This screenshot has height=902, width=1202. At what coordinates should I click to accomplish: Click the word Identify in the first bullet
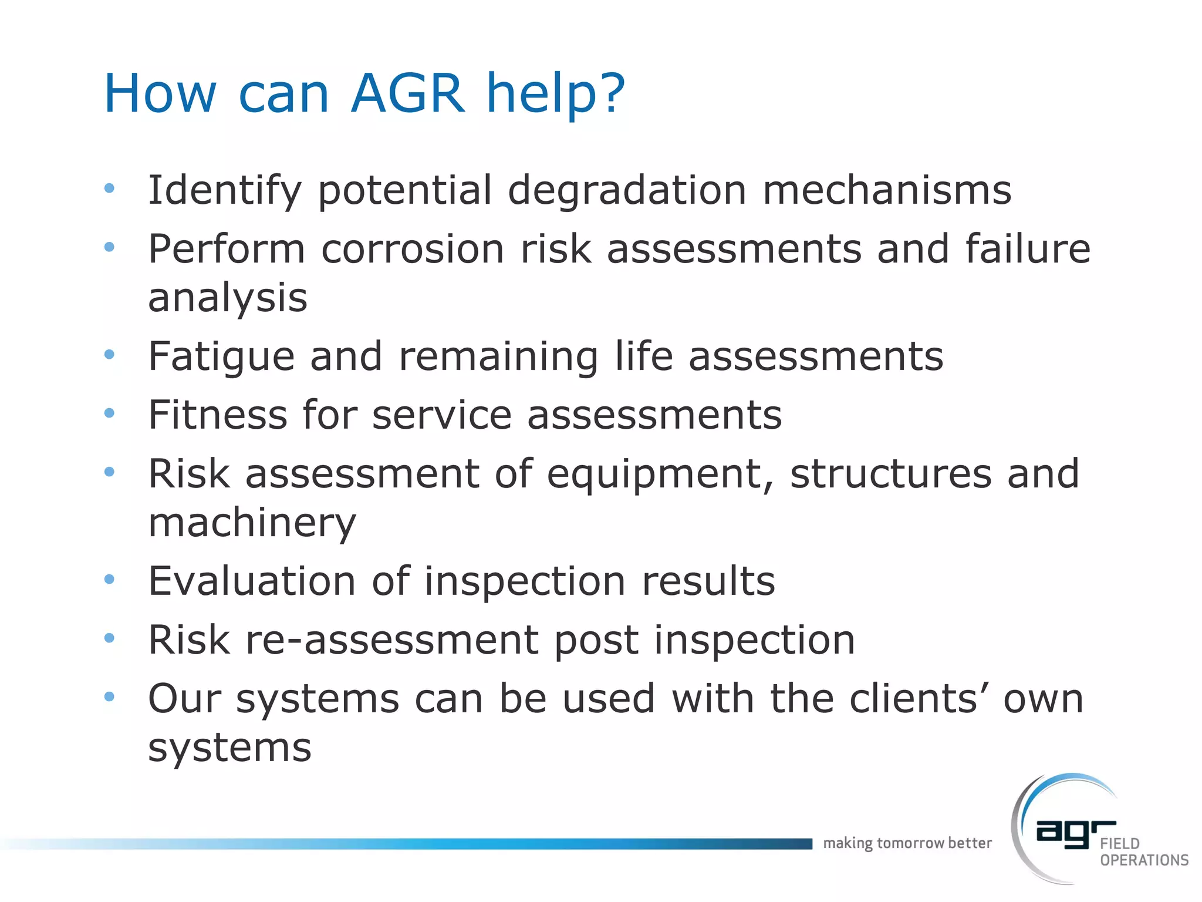[x=225, y=191]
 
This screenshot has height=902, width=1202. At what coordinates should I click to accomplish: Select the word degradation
[x=627, y=190]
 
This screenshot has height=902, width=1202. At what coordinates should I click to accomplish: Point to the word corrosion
[x=413, y=249]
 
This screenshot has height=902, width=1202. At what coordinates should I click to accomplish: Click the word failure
[x=1028, y=249]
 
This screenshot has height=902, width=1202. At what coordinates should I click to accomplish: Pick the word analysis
[x=228, y=298]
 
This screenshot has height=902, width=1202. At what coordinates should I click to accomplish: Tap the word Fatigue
[x=221, y=357]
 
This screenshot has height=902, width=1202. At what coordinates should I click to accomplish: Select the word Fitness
[x=218, y=415]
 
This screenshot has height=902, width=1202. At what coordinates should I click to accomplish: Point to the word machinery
[x=252, y=523]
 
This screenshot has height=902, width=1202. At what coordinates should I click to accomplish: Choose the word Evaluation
[x=252, y=581]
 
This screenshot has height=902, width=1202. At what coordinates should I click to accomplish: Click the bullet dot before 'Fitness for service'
[x=109, y=413]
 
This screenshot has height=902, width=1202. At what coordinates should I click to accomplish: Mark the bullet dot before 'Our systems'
[x=109, y=697]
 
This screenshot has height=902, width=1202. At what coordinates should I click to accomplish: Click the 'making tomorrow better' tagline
[x=907, y=843]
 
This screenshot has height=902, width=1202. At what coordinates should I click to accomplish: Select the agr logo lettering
[x=1074, y=833]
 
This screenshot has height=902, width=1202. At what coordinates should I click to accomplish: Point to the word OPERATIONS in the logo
[x=1144, y=860]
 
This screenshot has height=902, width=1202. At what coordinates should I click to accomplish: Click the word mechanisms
[x=887, y=190]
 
